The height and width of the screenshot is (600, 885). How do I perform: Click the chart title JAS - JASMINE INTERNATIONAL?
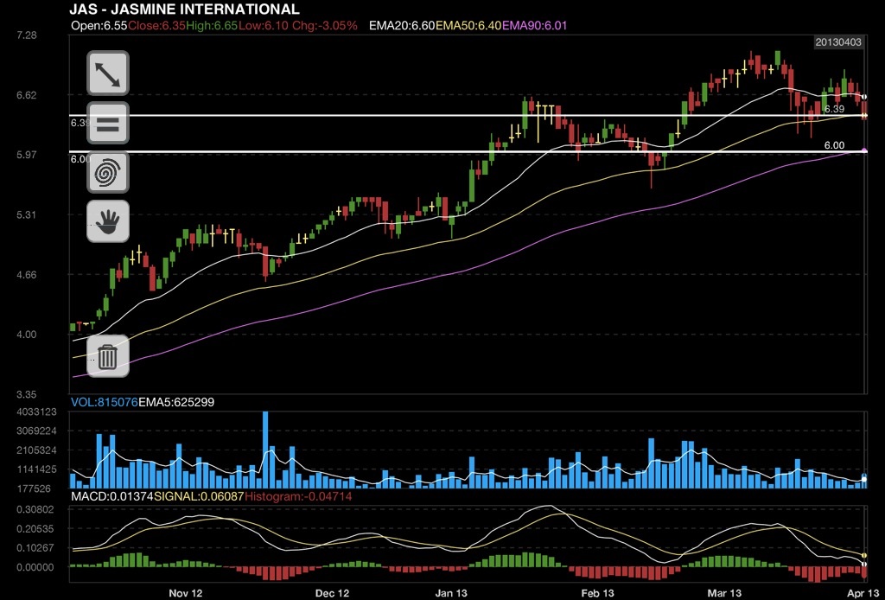point(184,10)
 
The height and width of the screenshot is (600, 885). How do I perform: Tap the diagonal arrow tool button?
point(108,73)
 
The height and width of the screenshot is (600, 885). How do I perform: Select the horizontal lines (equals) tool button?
point(108,123)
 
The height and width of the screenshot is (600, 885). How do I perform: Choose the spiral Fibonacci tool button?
point(108,172)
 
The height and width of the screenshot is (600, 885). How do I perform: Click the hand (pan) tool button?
point(108,221)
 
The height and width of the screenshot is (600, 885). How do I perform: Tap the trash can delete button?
point(108,355)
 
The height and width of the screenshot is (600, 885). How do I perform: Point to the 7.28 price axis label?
point(27,35)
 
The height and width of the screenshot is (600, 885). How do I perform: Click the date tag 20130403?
point(839,42)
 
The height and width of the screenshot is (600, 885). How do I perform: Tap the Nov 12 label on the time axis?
point(185,593)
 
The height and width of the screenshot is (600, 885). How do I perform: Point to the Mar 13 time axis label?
point(724,593)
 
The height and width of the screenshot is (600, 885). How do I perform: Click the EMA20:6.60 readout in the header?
point(401,26)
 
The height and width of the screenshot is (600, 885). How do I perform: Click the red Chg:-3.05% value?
point(326,26)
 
